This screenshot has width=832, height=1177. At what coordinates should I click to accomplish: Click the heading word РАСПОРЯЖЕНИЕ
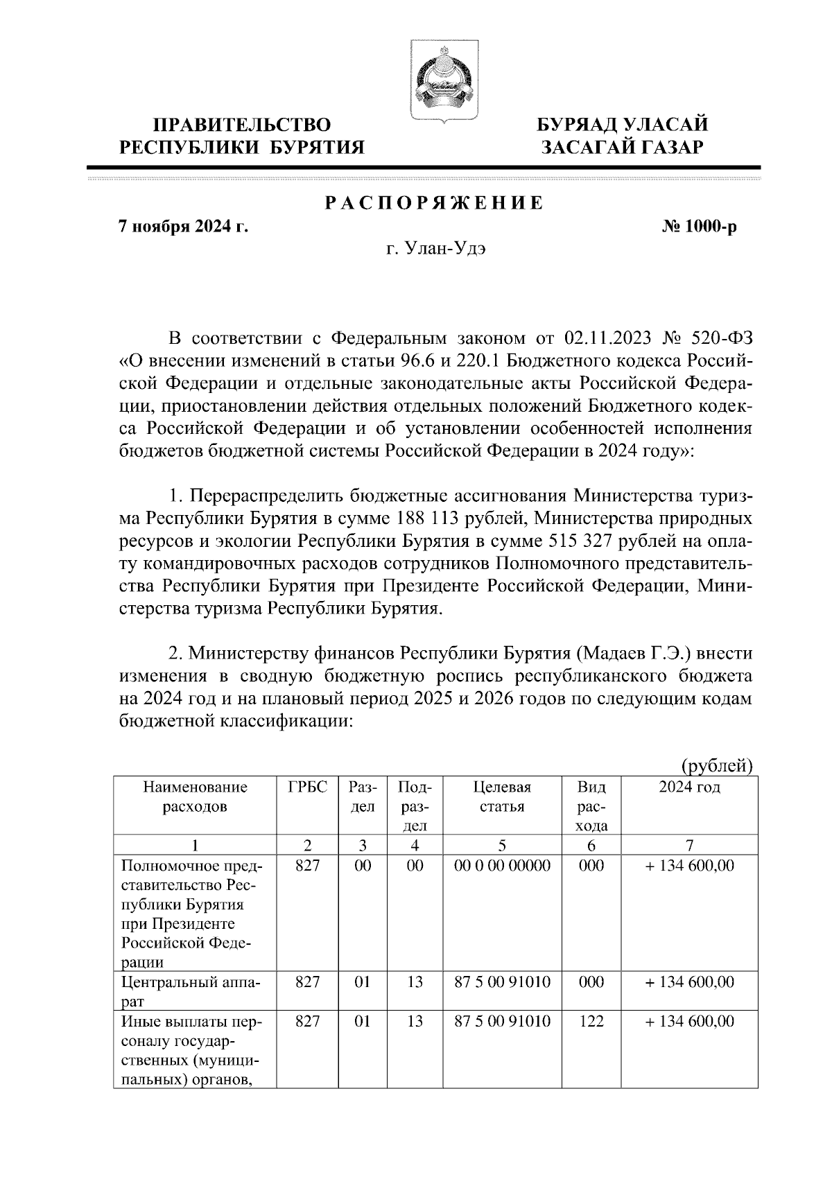(435, 204)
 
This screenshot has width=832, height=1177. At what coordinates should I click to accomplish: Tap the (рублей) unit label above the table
(717, 766)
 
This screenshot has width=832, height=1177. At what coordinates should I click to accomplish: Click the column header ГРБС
(306, 787)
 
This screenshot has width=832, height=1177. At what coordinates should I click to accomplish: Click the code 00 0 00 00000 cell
(502, 866)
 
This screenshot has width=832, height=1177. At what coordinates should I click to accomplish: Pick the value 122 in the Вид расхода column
(591, 1022)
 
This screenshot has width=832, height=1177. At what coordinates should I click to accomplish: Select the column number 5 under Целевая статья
(502, 845)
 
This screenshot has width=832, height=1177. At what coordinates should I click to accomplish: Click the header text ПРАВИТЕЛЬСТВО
(242, 125)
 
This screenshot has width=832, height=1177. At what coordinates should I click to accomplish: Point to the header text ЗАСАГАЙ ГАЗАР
(623, 147)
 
